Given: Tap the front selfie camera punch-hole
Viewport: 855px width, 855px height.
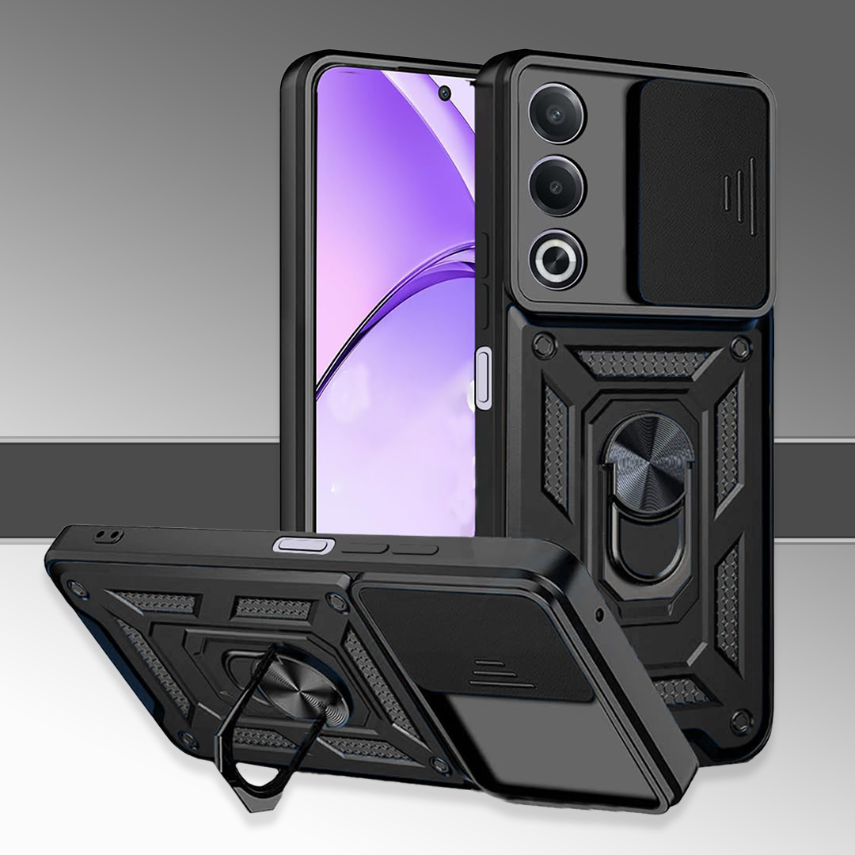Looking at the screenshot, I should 444,93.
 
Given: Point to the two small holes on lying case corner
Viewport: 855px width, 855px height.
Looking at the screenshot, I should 103,536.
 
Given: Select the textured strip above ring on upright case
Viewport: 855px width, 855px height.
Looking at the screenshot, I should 641,363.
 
